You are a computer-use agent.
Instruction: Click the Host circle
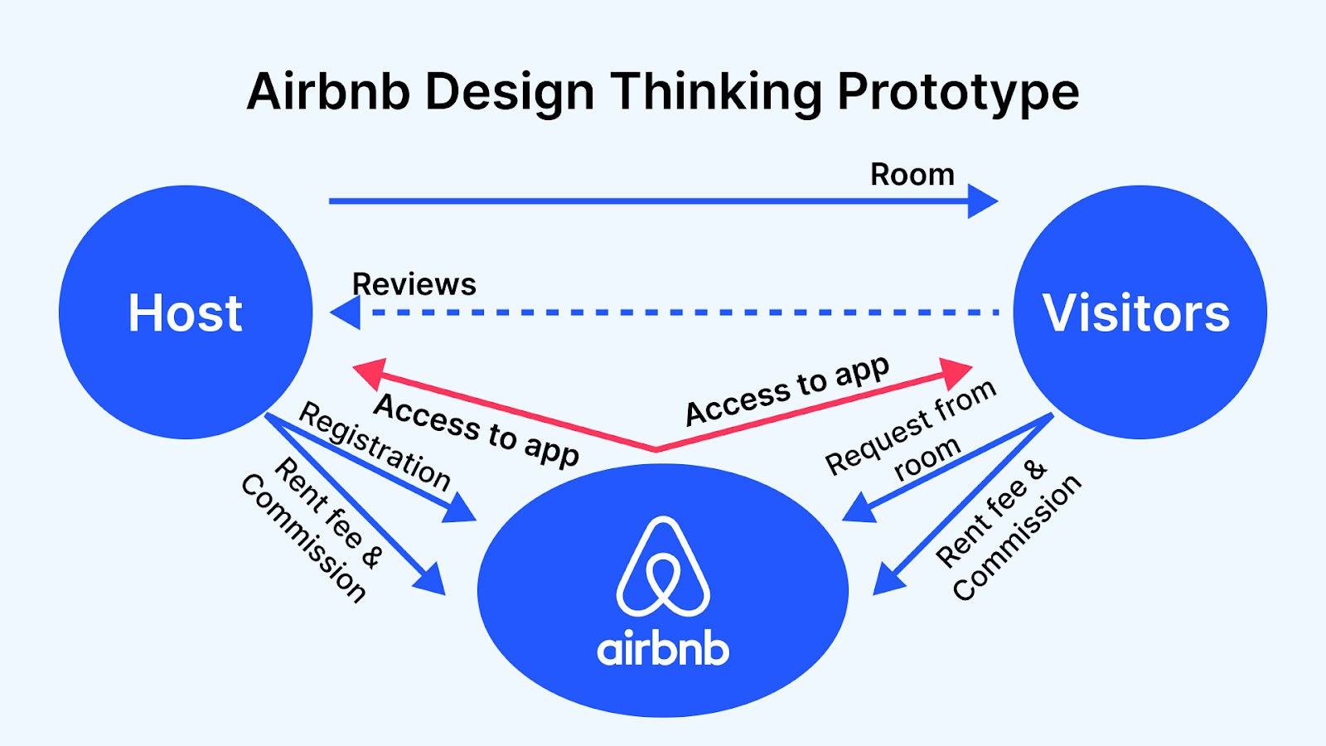[186, 312]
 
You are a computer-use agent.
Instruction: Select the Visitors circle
[1140, 312]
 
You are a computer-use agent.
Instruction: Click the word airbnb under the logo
[663, 649]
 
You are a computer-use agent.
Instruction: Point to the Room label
[912, 175]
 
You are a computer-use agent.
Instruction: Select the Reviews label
[414, 284]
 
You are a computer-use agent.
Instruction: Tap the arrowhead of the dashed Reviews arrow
[346, 312]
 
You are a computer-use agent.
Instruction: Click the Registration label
[375, 446]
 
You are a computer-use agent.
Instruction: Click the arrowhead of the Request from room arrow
[859, 508]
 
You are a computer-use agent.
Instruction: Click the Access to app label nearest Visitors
[787, 390]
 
